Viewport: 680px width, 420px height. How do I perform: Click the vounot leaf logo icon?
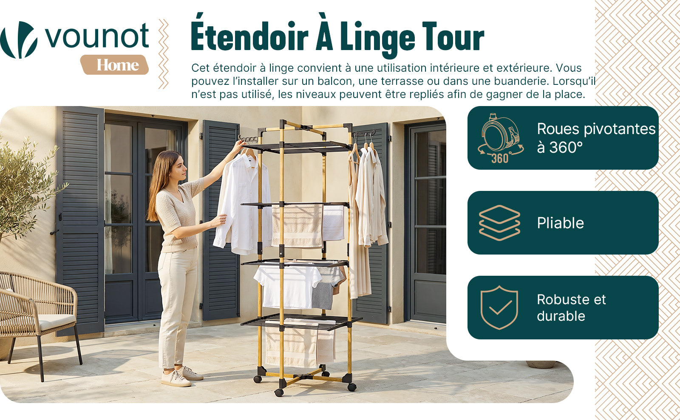pos(19,40)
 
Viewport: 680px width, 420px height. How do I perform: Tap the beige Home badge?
pos(114,64)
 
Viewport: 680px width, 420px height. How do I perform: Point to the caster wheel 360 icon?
pos(500,138)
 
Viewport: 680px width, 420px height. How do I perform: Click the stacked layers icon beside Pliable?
pos(499,223)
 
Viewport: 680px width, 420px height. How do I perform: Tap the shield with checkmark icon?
pos(499,307)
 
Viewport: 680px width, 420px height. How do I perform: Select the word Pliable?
pos(560,223)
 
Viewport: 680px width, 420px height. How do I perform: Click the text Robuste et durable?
pos(571,308)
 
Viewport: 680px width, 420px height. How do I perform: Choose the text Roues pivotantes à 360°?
pos(596,138)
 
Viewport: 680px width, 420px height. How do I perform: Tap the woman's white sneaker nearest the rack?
pos(191,373)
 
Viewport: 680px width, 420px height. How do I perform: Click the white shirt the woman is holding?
pos(243,203)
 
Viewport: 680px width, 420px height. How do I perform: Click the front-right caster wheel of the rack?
pos(352,386)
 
